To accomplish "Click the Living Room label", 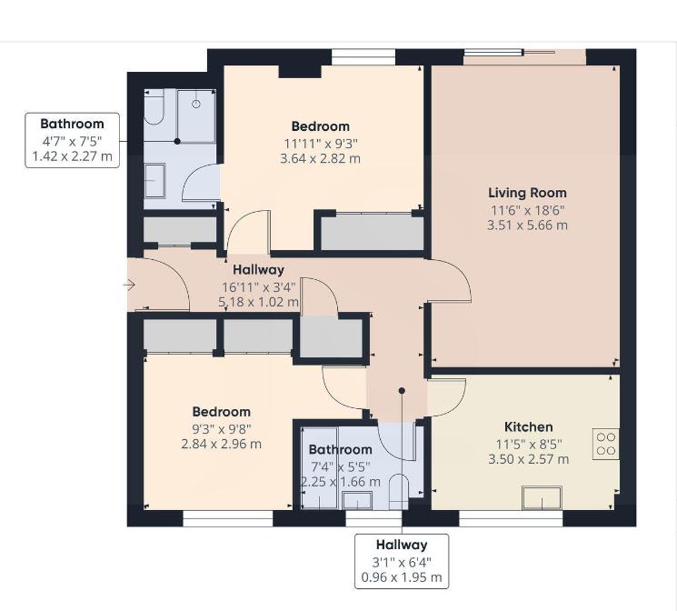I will click(x=527, y=193).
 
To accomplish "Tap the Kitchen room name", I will click(x=528, y=426).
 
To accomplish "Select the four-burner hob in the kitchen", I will click(x=606, y=444).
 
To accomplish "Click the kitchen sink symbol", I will click(x=543, y=498).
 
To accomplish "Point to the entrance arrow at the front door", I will click(x=129, y=285).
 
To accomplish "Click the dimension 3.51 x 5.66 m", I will click(x=527, y=225).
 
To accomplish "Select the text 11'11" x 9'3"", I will click(x=320, y=143).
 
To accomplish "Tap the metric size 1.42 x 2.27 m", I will click(x=72, y=155).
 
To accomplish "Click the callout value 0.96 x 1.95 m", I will click(x=401, y=577).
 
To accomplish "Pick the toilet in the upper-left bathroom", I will click(x=153, y=111).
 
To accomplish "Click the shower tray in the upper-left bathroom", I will click(x=195, y=115).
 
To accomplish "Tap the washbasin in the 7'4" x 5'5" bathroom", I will click(x=357, y=499).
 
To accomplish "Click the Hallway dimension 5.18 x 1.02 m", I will click(x=260, y=302).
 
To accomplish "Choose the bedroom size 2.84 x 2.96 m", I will click(x=220, y=444).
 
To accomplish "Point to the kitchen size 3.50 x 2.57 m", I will click(x=528, y=459).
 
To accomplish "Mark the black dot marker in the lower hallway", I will click(x=402, y=390).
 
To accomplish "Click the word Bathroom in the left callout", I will click(x=72, y=124).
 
